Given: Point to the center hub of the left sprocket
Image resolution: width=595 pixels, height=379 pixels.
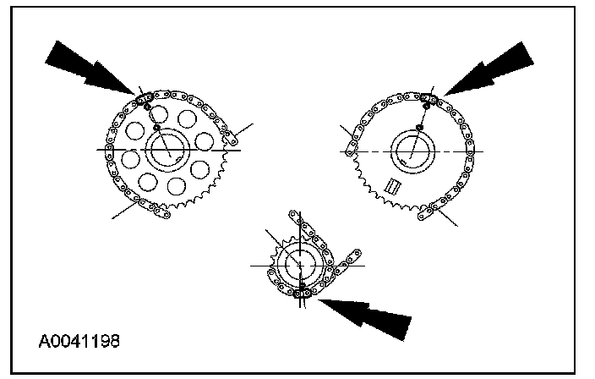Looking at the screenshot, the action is (169, 151).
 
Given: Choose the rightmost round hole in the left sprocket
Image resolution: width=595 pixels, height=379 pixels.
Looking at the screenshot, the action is (202, 168).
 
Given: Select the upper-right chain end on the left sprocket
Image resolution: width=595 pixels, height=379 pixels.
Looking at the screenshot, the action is (229, 136).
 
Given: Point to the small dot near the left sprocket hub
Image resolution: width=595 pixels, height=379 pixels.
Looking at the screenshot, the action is (156, 129).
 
